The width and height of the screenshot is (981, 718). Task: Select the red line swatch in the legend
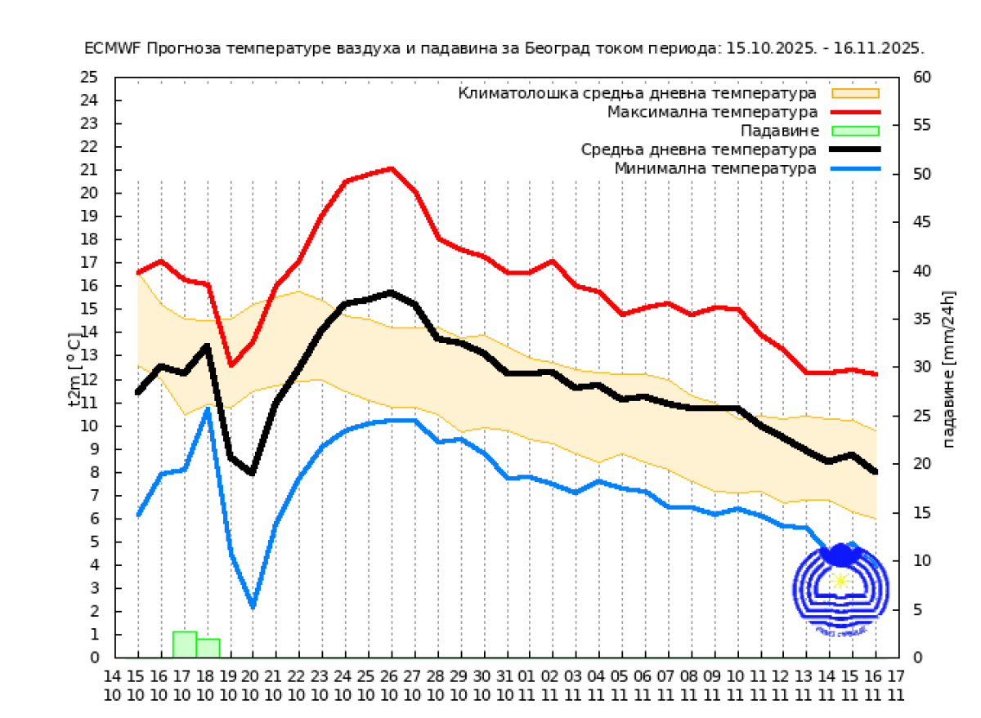[x=855, y=111]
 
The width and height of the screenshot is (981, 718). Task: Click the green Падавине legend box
[x=855, y=131]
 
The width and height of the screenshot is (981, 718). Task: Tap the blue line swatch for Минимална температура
[x=855, y=169]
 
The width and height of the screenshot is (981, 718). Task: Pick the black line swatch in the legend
[x=855, y=149]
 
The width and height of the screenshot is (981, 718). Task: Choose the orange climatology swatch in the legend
[x=855, y=92]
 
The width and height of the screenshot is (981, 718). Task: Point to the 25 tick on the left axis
[x=89, y=78]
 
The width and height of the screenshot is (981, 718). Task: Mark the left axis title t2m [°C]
[x=74, y=367]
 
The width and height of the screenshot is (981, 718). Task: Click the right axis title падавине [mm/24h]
[x=949, y=368]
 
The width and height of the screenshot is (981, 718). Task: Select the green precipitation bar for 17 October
[x=184, y=644]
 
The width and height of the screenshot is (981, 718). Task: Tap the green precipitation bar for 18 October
[x=208, y=648]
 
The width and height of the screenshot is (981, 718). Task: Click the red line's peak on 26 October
[x=392, y=168]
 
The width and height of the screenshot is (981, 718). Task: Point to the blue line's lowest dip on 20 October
[x=253, y=606]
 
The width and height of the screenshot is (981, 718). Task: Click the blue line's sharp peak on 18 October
[x=208, y=408]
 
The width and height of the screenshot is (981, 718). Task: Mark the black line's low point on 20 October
[x=252, y=473]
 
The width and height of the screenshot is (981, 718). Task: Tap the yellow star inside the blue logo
[x=840, y=581]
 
